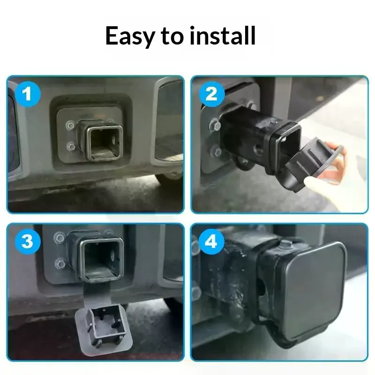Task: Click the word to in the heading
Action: coord(172,36)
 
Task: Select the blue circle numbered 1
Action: coord(28,94)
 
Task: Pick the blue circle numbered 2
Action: coord(212,94)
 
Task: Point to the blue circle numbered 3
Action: coord(28,241)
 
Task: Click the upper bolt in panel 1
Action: coord(71,125)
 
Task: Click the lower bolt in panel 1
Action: coord(71,145)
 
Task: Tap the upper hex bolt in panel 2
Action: coord(215,125)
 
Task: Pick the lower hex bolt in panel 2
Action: coord(217,151)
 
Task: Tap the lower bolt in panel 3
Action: coord(60,263)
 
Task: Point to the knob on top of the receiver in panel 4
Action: coord(286,244)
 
